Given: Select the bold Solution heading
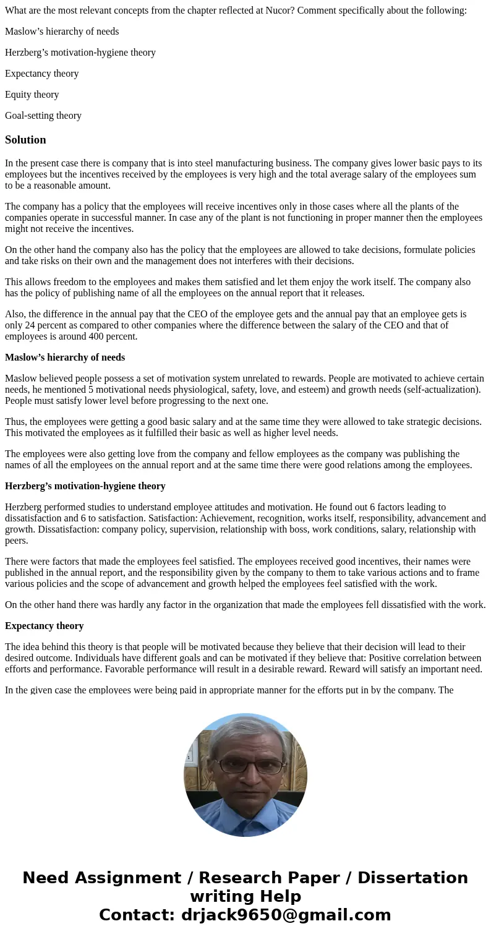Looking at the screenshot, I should [25, 140].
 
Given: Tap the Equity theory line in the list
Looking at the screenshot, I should [32, 95].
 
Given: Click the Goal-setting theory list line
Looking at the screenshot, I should [43, 116].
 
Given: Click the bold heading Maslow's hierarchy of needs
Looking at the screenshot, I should [65, 358].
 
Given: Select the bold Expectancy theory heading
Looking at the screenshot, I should [44, 626].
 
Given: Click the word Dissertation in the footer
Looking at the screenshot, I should [412, 878].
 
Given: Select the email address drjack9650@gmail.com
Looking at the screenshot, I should [286, 915].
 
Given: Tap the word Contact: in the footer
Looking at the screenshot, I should [137, 915].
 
